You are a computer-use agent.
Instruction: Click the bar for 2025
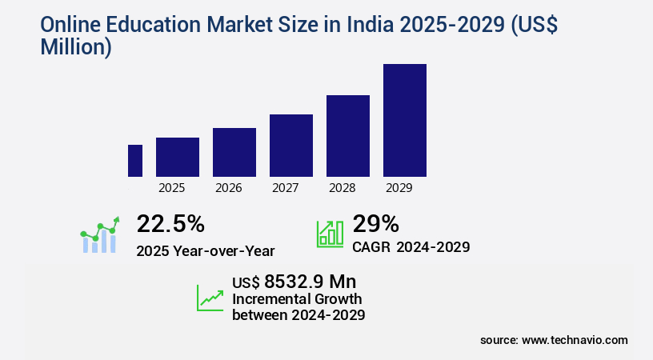pos(178,157)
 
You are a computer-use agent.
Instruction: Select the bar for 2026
pos(234,152)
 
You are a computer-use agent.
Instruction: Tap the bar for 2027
pos(291,146)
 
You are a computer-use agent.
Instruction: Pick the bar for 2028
pos(348,136)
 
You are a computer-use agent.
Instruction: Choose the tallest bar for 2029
pos(405,120)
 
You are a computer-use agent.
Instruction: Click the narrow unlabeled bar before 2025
pos(135,161)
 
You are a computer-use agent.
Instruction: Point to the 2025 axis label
pos(172,189)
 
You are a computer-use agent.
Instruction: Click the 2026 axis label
pos(229,189)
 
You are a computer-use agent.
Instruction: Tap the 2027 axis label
pos(286,189)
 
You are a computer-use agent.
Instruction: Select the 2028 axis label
pos(343,189)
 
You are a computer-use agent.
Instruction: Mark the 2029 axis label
pos(399,189)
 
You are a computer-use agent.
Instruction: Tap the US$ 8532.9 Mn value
pos(294,282)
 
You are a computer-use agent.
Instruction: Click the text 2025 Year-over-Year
pos(206,250)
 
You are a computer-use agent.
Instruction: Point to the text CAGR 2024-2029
pos(411,247)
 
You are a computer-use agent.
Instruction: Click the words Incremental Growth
pos(297,299)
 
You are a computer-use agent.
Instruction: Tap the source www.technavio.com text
pos(554,340)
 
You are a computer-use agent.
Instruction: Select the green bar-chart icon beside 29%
pos(331,233)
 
